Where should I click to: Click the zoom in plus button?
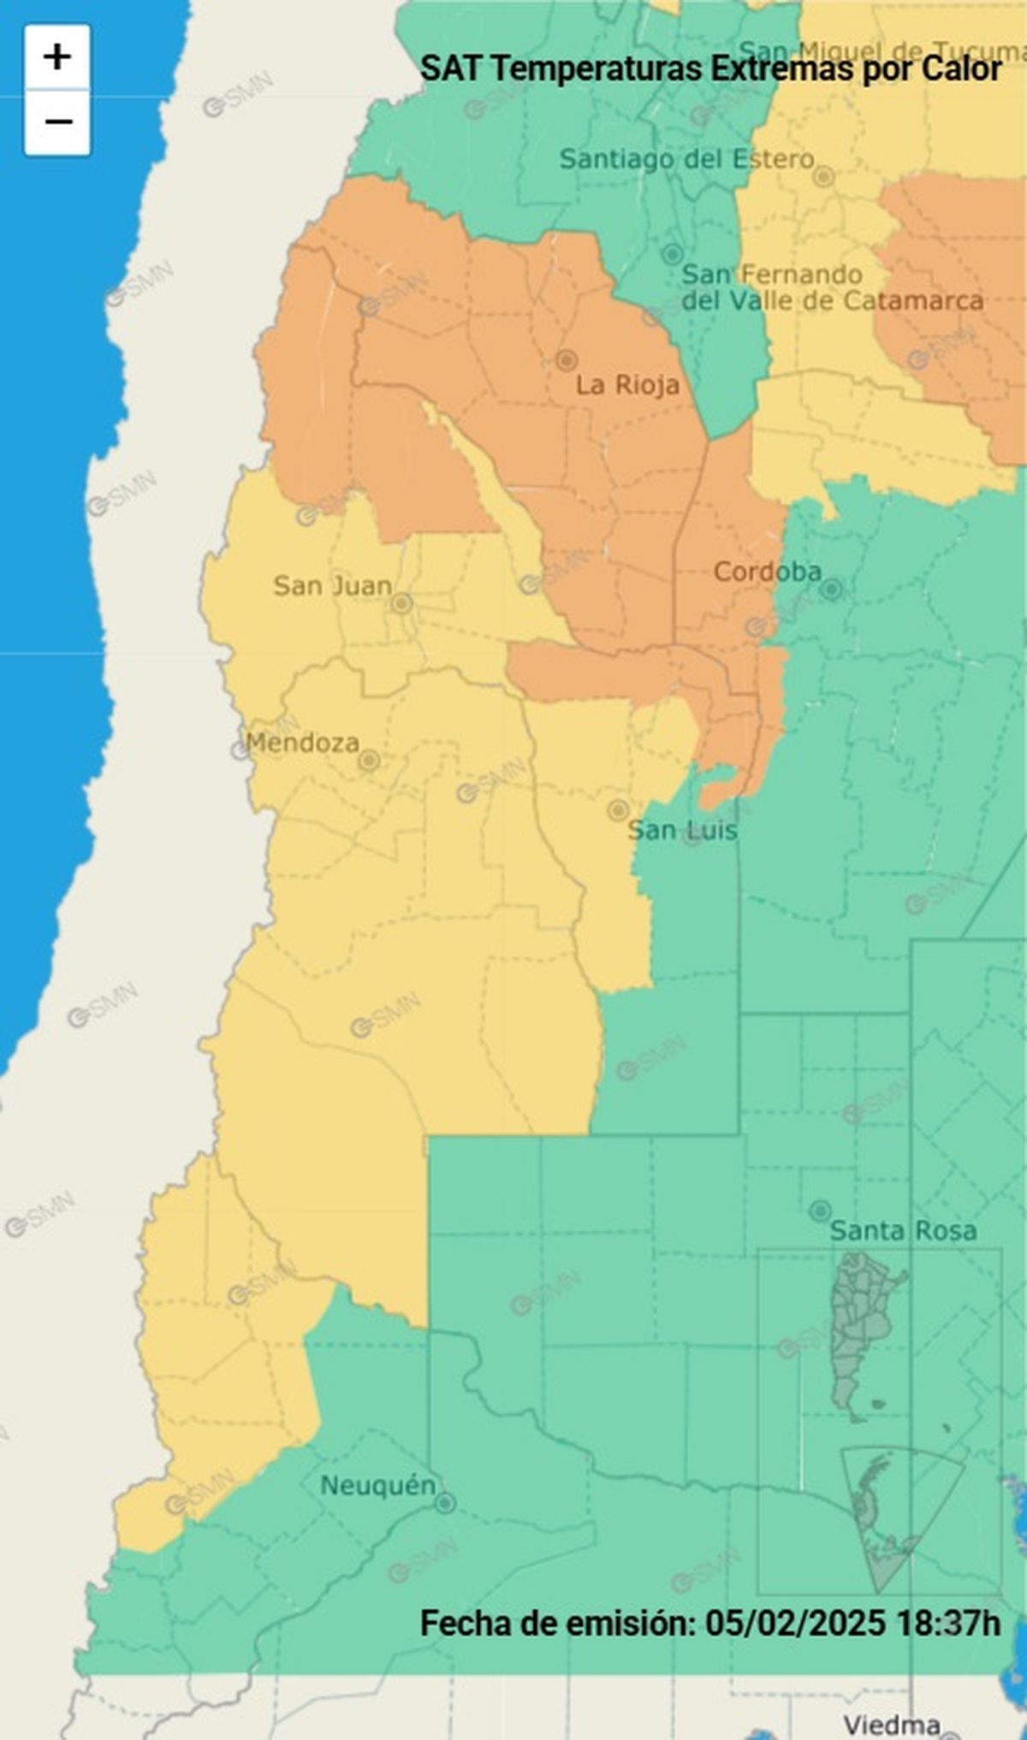click(x=57, y=57)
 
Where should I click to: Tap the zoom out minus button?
click(x=57, y=122)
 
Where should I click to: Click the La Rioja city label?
click(x=627, y=385)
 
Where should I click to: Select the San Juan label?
click(x=332, y=586)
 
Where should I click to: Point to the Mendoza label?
click(x=302, y=743)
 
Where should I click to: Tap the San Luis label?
click(x=682, y=830)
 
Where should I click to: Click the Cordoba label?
click(x=767, y=571)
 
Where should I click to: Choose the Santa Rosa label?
click(x=903, y=1231)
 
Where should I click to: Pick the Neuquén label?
click(x=377, y=1486)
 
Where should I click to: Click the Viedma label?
click(x=892, y=1725)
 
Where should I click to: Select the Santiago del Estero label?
click(x=686, y=159)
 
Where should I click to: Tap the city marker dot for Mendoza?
click(x=369, y=761)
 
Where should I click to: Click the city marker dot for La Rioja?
click(x=566, y=360)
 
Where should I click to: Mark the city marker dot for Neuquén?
click(x=445, y=1503)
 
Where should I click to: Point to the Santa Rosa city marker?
click(x=820, y=1210)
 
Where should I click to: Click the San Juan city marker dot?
click(x=401, y=604)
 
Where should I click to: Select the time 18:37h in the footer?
click(x=947, y=1623)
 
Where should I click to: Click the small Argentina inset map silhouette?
click(x=864, y=1335)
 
